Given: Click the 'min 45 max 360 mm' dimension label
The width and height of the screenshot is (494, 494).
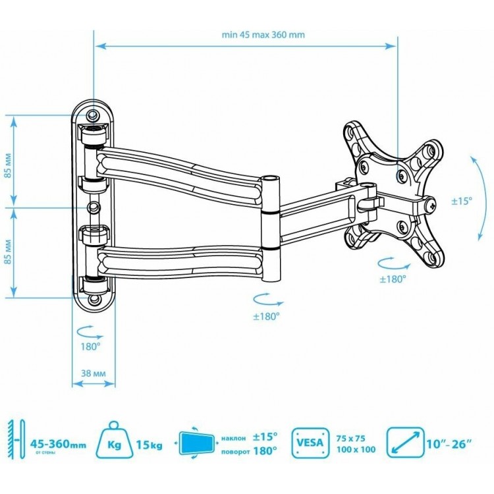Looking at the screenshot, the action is tap(263, 35).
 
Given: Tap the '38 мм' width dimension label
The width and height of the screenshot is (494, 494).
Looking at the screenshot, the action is tap(94, 373).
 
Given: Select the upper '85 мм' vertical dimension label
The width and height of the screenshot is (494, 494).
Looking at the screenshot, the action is tap(8, 165).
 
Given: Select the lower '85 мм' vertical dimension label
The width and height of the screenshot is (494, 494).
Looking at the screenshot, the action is tap(8, 252).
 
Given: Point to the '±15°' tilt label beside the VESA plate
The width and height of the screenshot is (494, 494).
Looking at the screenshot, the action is tap(462, 201).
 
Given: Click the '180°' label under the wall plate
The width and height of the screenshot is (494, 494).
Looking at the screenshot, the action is tap(90, 346).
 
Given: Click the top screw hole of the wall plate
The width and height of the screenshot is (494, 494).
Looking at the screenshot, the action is tap(92, 115).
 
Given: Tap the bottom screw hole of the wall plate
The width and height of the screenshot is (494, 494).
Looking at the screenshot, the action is tap(94, 299).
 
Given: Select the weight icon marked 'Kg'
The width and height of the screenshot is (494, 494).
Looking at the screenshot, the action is tap(114, 440).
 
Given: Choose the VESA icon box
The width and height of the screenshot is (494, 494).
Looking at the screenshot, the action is tap(310, 443).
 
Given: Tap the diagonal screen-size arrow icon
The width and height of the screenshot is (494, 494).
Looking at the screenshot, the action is tap(405, 443).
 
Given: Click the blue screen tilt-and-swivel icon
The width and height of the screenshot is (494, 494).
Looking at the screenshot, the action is tap(196, 443).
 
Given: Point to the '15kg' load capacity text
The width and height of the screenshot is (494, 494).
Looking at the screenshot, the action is tap(150, 445).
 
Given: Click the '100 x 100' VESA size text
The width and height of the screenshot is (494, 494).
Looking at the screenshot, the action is tap(356, 449).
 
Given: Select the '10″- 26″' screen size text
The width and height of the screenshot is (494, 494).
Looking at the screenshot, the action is tap(450, 444).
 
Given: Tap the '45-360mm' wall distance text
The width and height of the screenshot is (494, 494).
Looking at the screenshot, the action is tap(58, 444).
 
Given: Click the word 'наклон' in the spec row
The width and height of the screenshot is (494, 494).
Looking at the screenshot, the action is tap(233, 438).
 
